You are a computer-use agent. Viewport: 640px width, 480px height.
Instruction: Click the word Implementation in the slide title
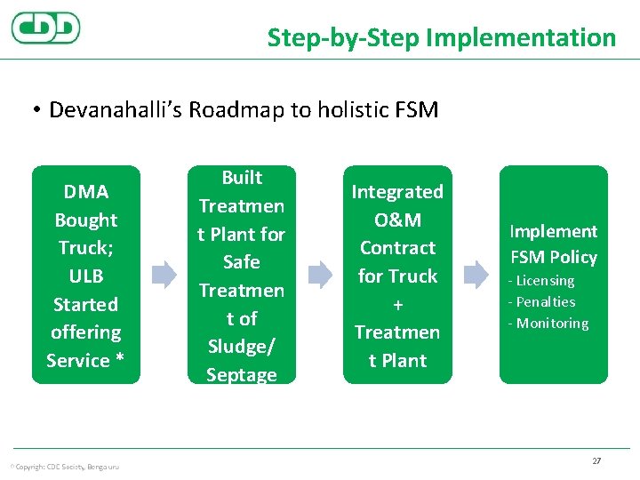coord(520,37)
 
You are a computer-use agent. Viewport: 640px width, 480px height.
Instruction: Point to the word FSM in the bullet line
coord(414,109)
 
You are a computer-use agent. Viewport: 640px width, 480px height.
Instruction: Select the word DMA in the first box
coord(86,192)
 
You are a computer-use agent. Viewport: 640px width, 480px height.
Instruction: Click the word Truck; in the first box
coord(86,248)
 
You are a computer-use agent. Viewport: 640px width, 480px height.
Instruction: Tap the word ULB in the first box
coord(86,276)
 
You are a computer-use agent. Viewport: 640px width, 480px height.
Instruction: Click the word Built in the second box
coord(242,178)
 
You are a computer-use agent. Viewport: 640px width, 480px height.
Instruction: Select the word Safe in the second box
coord(242,262)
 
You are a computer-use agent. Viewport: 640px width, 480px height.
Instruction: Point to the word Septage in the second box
coord(242,375)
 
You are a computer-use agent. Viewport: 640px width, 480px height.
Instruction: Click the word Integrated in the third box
coord(397,192)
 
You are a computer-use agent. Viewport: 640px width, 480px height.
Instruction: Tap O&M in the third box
coord(397,220)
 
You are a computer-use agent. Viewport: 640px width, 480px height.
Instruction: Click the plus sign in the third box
coord(397,304)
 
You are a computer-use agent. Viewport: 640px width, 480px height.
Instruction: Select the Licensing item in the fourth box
coord(544,281)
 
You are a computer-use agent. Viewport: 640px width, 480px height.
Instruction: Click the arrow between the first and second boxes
coord(164,275)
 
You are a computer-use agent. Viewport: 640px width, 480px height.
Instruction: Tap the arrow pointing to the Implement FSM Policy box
coord(476,275)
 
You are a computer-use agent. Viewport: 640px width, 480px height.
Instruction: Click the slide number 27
coord(596,461)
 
